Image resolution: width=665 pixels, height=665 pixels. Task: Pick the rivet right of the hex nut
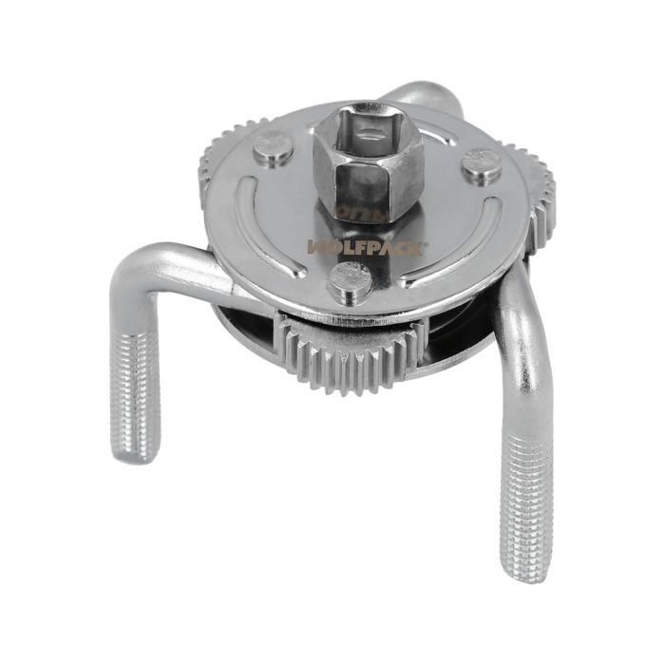click(x=481, y=167)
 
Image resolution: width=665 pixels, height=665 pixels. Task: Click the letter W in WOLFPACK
click(x=316, y=246)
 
